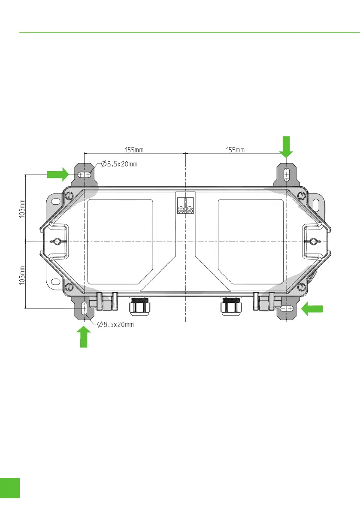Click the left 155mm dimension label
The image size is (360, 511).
134,150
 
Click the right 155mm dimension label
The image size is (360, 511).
235,150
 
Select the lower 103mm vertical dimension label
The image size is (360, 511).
22,275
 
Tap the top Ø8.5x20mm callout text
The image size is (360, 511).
119,164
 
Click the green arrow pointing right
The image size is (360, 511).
58,174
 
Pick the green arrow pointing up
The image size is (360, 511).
85,336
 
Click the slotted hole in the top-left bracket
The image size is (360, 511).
85,175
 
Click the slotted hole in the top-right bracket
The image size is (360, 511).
287,175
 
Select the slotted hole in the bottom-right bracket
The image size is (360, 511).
286,308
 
